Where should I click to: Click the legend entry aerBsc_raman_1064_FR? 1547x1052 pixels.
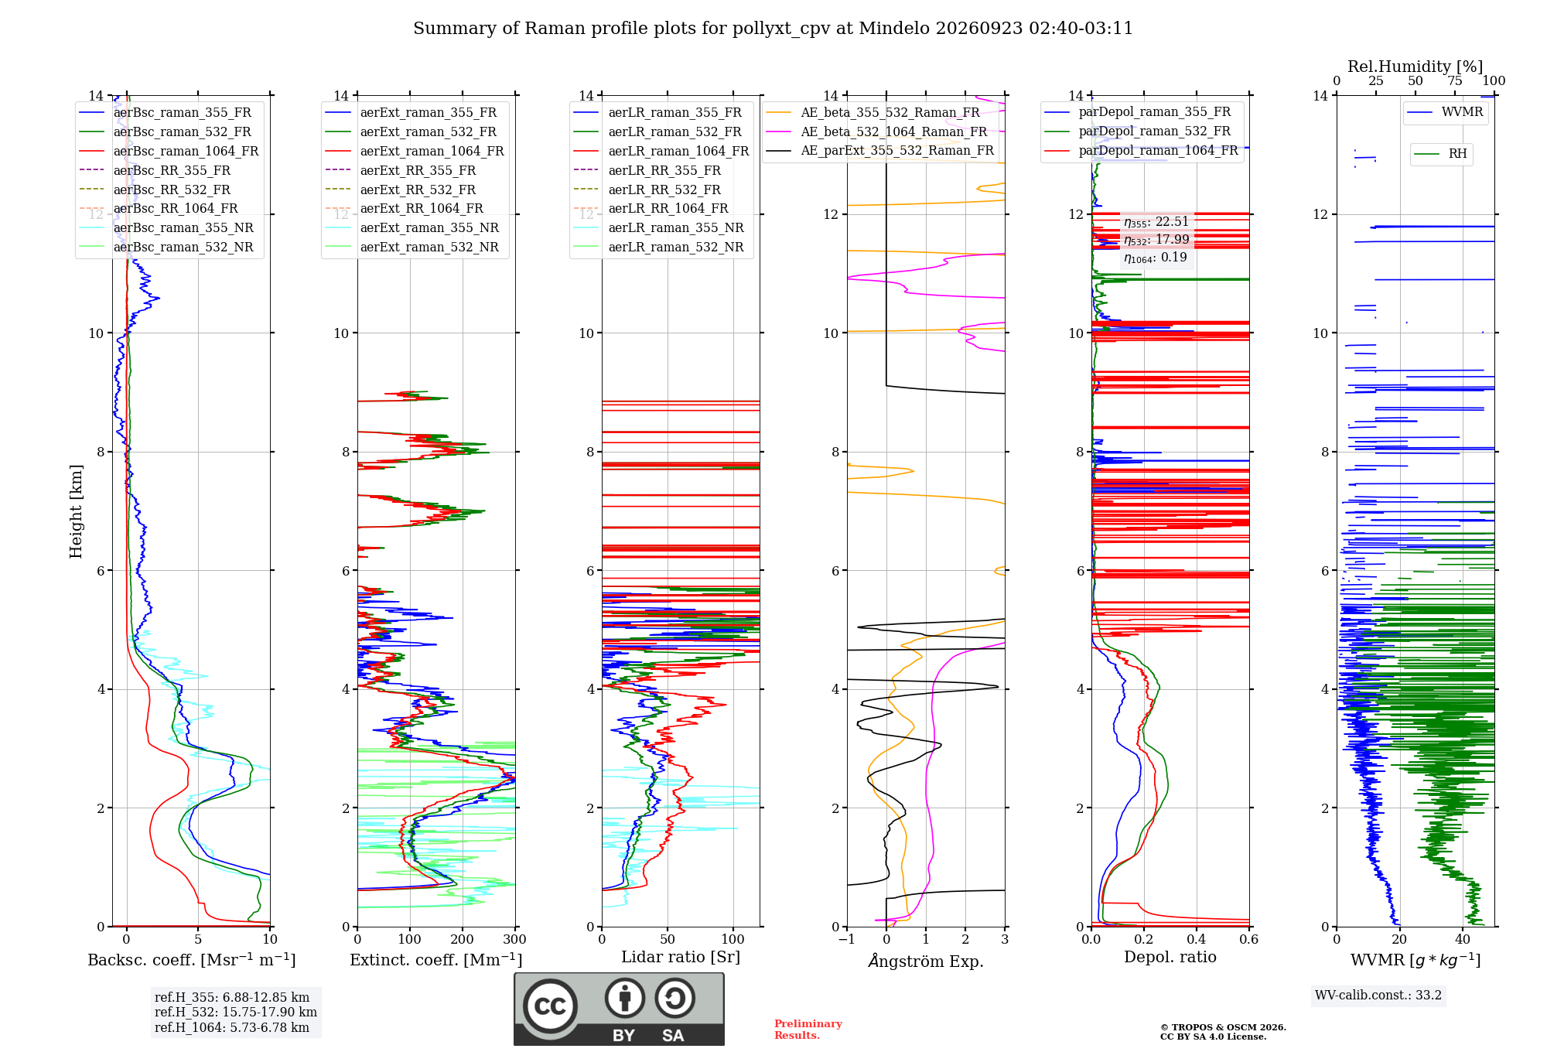[x=169, y=151]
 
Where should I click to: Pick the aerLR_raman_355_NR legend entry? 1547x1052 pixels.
[x=658, y=227]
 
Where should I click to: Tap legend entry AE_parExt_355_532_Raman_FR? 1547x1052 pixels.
[x=879, y=150]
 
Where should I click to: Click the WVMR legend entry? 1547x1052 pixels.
[x=1445, y=112]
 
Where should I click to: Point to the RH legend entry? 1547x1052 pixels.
[x=1440, y=154]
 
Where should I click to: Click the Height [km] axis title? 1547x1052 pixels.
[x=76, y=511]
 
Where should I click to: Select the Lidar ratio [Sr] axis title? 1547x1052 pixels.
[x=681, y=957]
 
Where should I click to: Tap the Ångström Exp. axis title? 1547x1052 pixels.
[x=926, y=961]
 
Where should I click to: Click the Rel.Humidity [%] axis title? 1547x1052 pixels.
[x=1416, y=67]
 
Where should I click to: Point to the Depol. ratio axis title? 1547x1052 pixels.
[x=1170, y=957]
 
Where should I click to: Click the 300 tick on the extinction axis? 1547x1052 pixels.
[x=514, y=939]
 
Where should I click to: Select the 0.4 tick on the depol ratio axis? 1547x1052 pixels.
[x=1197, y=939]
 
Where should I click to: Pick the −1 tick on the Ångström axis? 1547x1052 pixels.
[x=846, y=939]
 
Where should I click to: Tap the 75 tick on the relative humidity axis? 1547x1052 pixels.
[x=1455, y=81]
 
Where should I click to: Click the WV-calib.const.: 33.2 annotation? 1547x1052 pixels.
[x=1378, y=995]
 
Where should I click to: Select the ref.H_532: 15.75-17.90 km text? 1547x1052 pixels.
[x=236, y=1012]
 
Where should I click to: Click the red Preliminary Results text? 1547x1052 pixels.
[x=808, y=1030]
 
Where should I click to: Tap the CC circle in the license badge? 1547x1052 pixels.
[x=550, y=1006]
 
